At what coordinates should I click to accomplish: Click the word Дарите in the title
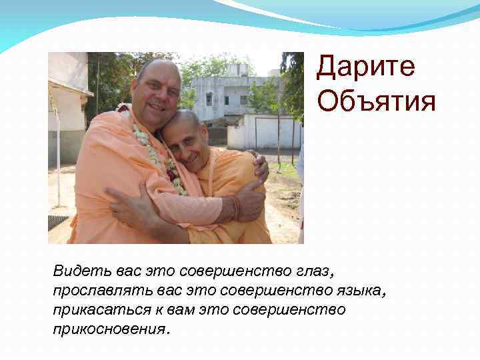point(365,67)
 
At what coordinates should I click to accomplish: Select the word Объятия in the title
point(377,102)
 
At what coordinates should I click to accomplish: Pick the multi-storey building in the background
point(230,93)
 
